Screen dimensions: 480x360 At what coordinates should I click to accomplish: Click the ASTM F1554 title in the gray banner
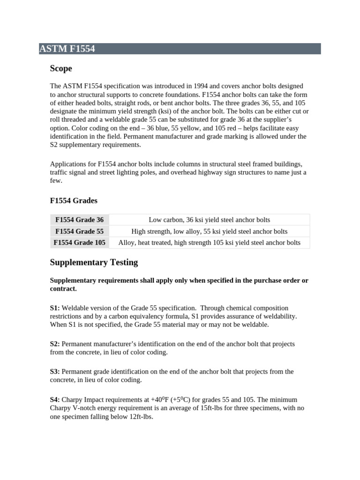coord(67,49)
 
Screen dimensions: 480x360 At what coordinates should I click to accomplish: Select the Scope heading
coord(61,69)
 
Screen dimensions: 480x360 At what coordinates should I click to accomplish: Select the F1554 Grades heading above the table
coord(74,201)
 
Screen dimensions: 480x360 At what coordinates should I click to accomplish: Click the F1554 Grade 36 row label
coord(79,220)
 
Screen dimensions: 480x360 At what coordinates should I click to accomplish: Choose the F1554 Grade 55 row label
coord(79,232)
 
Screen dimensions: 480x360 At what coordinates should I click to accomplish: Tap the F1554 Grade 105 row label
coord(79,243)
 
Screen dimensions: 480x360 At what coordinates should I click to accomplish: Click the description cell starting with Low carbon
coord(209,220)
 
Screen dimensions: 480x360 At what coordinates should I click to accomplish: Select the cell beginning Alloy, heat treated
coord(209,243)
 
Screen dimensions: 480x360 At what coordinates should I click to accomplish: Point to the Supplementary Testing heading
coord(94,262)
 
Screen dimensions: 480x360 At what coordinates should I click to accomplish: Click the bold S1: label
coord(55,308)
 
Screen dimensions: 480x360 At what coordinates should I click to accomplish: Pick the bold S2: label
coord(55,344)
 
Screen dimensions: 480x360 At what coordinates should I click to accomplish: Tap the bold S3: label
coord(55,372)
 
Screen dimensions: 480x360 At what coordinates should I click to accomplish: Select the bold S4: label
coord(55,399)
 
